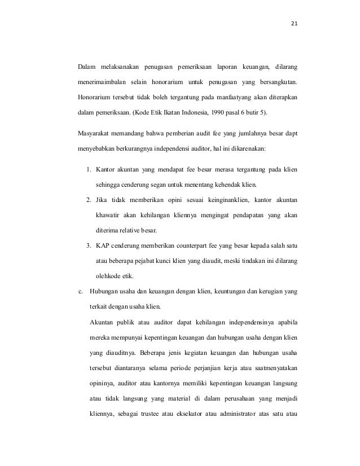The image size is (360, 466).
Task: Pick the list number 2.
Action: coord(89,200)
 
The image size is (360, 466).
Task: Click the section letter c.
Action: coord(80,292)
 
